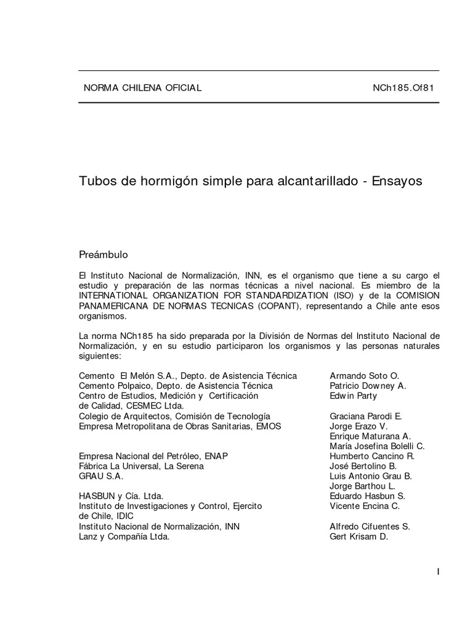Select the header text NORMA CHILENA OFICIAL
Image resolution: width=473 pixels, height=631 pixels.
pyautogui.click(x=142, y=88)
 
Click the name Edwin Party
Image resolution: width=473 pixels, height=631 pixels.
pyautogui.click(x=354, y=396)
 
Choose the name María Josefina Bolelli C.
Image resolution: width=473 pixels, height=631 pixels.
pyautogui.click(x=377, y=446)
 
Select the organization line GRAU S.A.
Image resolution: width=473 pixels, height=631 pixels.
pyautogui.click(x=101, y=476)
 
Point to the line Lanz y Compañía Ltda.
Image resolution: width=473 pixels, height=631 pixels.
pyautogui.click(x=124, y=536)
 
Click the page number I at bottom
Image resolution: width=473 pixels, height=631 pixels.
pyautogui.click(x=438, y=572)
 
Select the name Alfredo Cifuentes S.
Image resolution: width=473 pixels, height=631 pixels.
pyautogui.click(x=370, y=526)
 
